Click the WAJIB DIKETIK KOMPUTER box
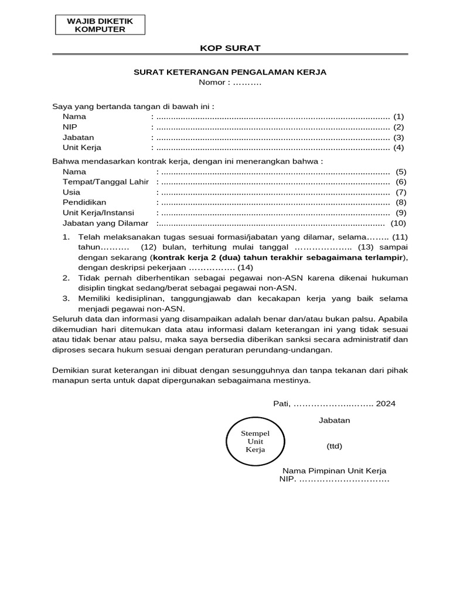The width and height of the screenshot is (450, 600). (100, 25)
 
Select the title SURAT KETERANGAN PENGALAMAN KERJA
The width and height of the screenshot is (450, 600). (230, 72)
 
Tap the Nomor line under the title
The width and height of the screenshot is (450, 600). (230, 83)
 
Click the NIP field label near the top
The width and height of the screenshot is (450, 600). (70, 127)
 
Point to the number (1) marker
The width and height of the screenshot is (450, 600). (398, 117)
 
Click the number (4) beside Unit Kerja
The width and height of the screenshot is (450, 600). (398, 148)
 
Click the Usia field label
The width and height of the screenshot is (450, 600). (71, 192)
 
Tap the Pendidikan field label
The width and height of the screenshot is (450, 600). (84, 202)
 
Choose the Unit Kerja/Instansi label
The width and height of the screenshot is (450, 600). (98, 213)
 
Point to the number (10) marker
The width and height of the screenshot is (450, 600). (398, 223)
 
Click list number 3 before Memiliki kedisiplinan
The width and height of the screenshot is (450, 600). (66, 298)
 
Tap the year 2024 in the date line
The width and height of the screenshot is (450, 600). (386, 404)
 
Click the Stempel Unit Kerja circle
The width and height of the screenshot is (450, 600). (255, 441)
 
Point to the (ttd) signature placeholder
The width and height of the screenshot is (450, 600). (334, 446)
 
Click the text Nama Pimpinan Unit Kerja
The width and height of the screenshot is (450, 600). (334, 471)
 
